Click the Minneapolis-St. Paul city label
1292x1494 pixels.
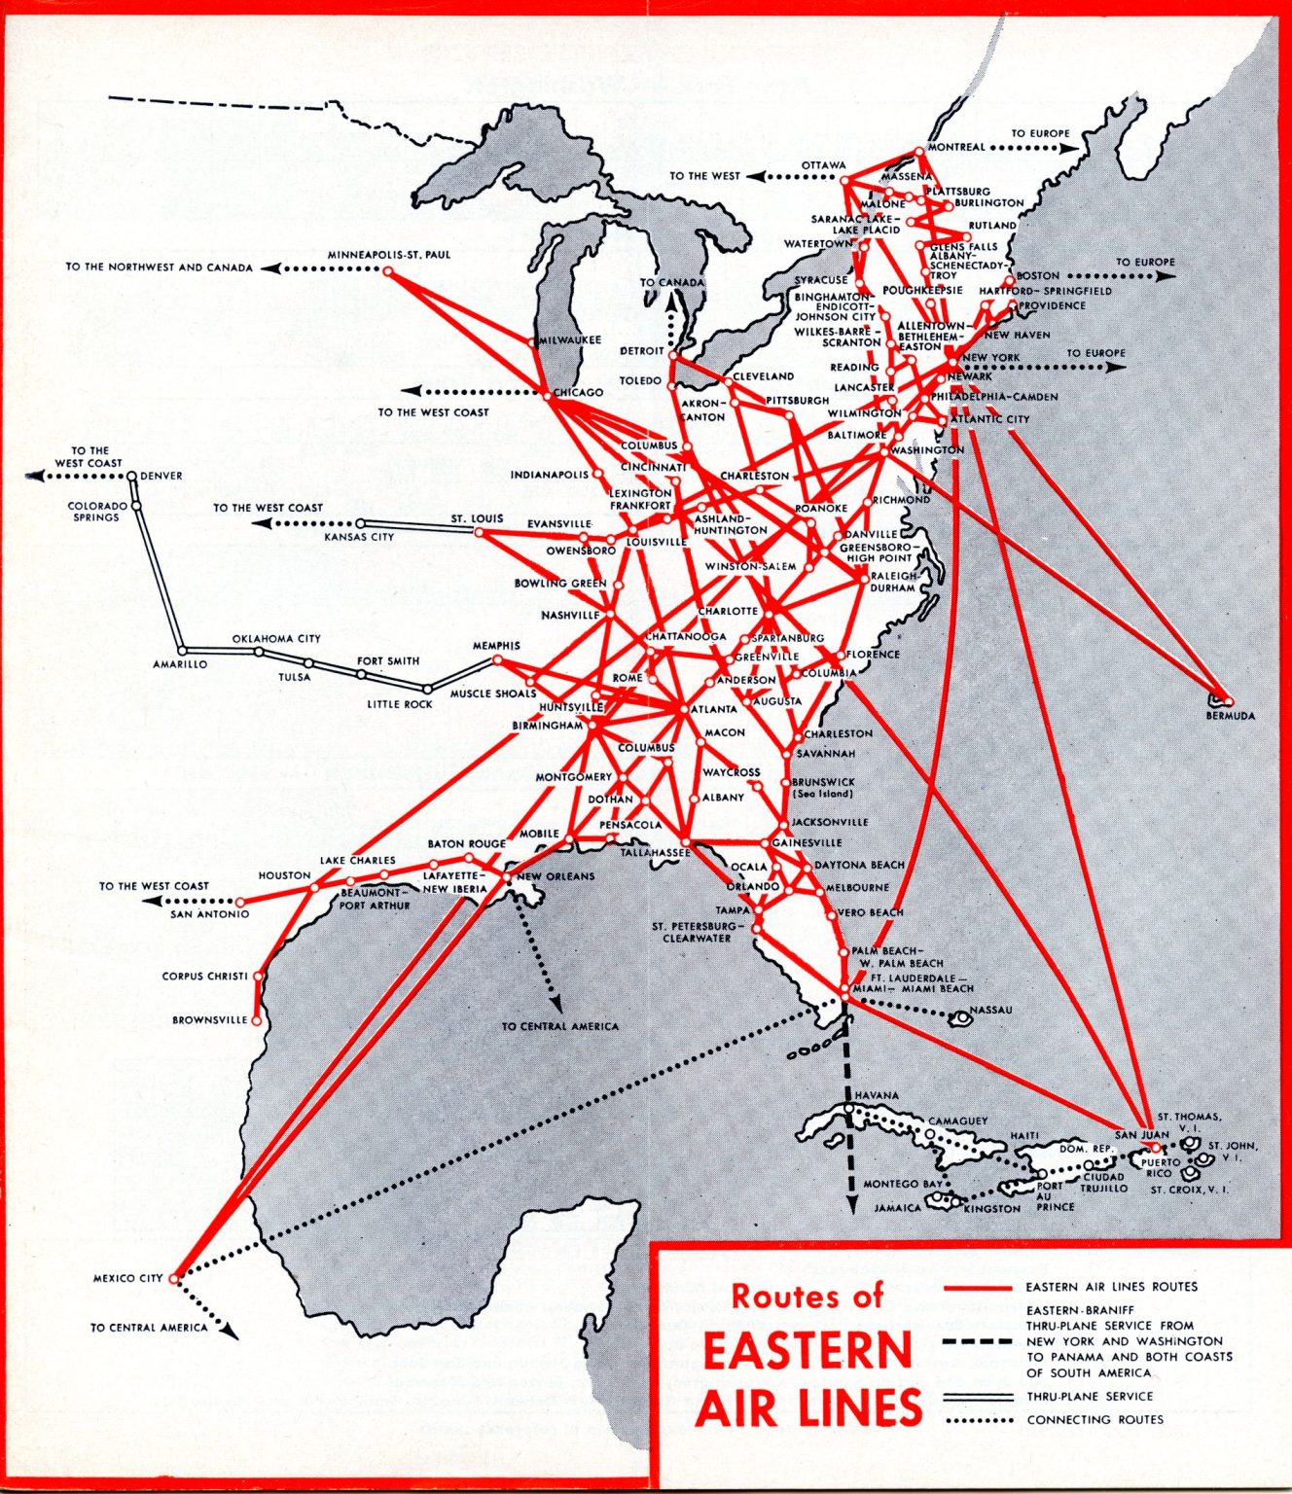pyautogui.click(x=389, y=255)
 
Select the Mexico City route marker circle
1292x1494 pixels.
pyautogui.click(x=174, y=1278)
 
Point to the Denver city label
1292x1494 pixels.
pyautogui.click(x=161, y=477)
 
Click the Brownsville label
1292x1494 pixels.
pyautogui.click(x=210, y=1020)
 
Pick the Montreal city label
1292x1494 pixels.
pyautogui.click(x=956, y=148)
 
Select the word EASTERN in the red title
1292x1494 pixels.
pyautogui.click(x=807, y=1351)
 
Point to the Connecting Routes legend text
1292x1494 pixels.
pyautogui.click(x=1095, y=1420)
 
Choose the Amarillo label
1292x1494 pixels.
pyautogui.click(x=180, y=664)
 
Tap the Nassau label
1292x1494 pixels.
pyautogui.click(x=990, y=1010)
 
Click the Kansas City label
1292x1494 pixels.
pyautogui.click(x=359, y=537)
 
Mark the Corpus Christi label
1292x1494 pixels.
pyautogui.click(x=204, y=976)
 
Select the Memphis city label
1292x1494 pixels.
pyautogui.click(x=496, y=646)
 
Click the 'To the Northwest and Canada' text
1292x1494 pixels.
pyautogui.click(x=160, y=267)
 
